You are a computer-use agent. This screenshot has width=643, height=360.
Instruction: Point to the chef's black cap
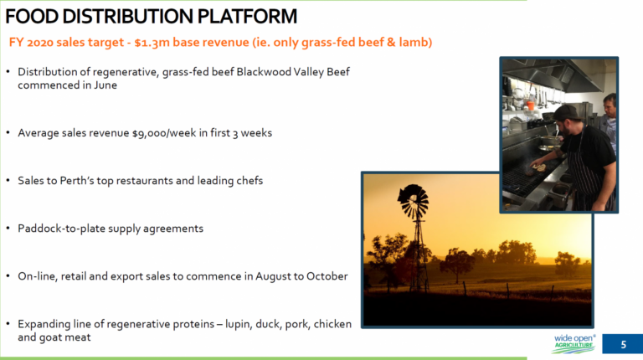[x=567, y=111]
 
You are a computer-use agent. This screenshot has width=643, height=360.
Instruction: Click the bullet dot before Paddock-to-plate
[x=8, y=228]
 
